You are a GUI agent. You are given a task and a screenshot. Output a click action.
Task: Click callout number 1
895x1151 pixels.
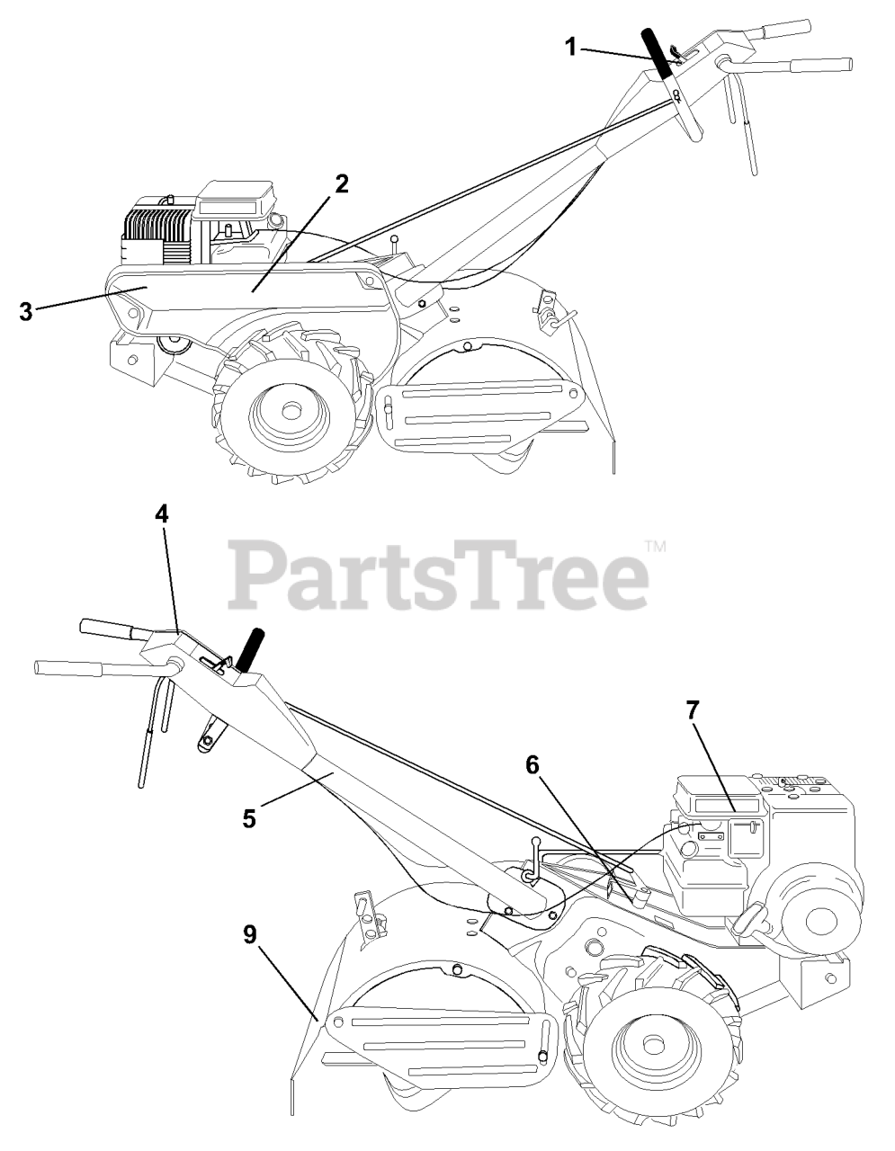(x=570, y=47)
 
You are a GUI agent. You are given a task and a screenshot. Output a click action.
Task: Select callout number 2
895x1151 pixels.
(x=342, y=183)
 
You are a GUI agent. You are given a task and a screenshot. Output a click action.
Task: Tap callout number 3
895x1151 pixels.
(x=25, y=311)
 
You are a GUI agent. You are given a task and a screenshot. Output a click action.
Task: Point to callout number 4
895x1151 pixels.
(x=162, y=513)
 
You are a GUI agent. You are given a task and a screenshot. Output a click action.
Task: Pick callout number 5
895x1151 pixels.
(x=249, y=818)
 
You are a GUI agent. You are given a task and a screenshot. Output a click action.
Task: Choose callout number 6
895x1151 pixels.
(x=533, y=765)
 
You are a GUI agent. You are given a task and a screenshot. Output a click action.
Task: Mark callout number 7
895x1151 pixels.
(x=694, y=711)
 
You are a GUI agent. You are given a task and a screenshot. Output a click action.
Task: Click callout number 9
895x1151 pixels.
(x=250, y=935)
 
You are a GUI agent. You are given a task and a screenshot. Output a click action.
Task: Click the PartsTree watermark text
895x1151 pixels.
(x=438, y=575)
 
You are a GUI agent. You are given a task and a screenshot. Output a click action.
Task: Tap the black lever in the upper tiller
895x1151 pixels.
(x=658, y=53)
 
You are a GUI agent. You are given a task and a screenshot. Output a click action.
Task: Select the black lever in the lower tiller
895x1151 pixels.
(x=248, y=650)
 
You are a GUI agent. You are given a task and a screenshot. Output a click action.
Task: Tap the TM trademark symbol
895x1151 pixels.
(x=656, y=546)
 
